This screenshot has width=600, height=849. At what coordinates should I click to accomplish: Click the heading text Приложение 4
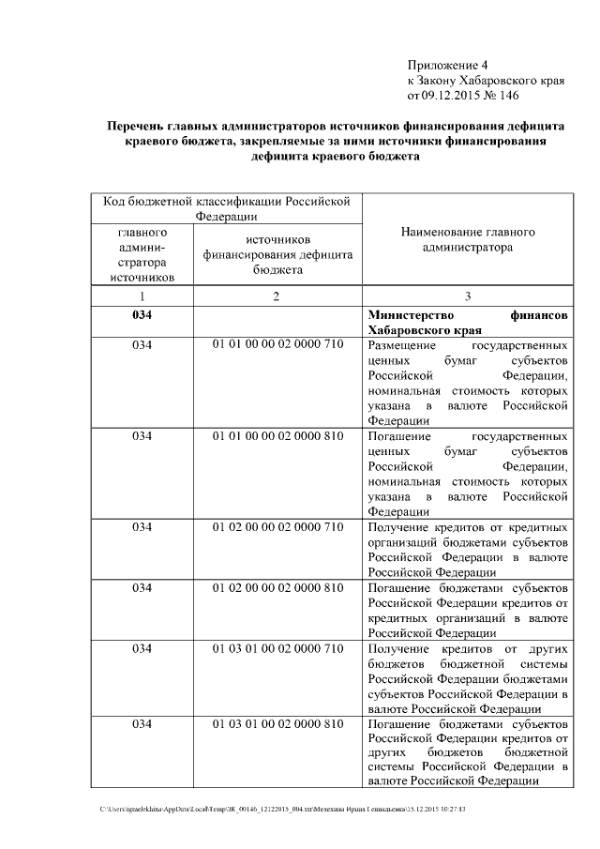tap(448, 65)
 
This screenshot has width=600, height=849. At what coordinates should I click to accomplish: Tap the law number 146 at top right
tap(507, 95)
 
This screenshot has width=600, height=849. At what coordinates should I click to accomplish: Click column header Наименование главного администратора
tap(467, 240)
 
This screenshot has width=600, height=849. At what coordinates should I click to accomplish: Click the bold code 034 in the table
tap(142, 315)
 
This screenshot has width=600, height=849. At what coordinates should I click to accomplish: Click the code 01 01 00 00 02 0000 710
tap(277, 345)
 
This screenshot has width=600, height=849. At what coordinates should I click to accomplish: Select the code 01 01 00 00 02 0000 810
tap(277, 436)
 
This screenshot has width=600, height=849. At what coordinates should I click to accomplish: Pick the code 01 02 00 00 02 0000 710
tap(277, 527)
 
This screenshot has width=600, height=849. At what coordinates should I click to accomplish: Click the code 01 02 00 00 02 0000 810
tap(277, 588)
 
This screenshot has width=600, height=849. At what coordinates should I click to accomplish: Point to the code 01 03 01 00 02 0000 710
tap(277, 649)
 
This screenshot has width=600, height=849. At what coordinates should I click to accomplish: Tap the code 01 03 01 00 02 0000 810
tap(277, 724)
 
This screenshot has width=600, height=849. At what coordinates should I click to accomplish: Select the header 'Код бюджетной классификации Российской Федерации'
tap(226, 209)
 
